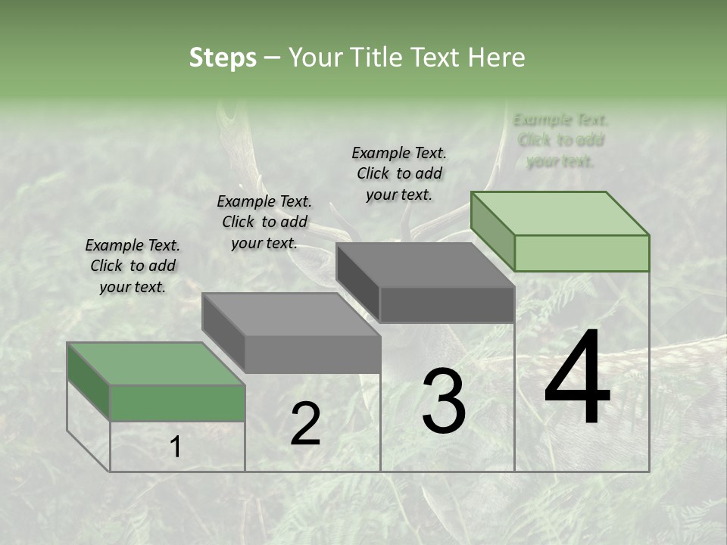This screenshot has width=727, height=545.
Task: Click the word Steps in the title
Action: (223, 58)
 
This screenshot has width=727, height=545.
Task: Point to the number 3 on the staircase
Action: (444, 401)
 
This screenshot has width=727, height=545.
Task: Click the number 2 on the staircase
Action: (305, 424)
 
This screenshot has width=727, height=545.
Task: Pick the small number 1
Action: (176, 447)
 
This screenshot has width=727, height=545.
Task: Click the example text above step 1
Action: (133, 266)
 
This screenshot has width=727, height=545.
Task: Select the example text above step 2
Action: (264, 222)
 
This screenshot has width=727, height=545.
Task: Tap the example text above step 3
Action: (399, 173)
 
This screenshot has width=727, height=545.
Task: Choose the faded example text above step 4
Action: (560, 140)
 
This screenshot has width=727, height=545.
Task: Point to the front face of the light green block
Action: (582, 253)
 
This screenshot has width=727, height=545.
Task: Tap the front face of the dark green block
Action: (177, 403)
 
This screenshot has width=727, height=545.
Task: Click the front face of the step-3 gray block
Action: (447, 304)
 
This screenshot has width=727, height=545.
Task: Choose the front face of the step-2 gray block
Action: (312, 354)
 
